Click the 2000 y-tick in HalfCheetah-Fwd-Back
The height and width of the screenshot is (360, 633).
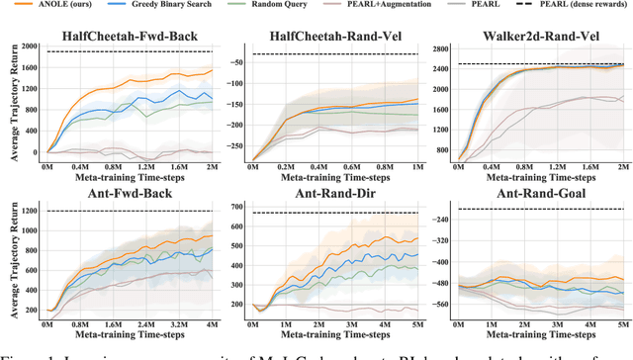pos(31,45)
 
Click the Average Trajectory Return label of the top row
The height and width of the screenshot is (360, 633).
pos(9,99)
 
